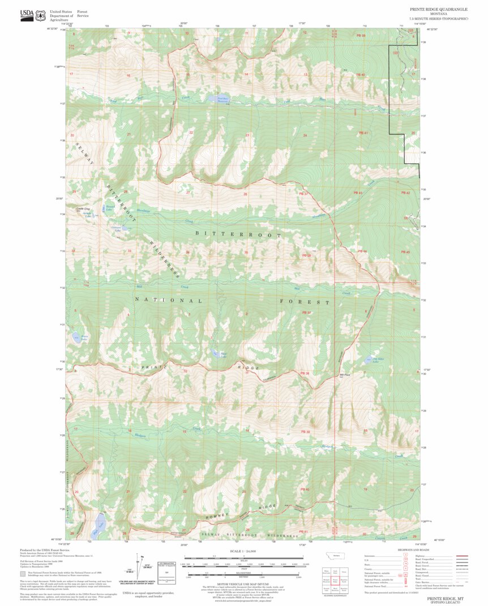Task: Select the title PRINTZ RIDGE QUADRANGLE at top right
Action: pyautogui.click(x=439, y=10)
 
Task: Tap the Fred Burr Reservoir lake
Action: pyautogui.click(x=222, y=99)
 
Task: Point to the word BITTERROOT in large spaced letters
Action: pyautogui.click(x=238, y=234)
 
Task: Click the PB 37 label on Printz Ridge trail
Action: pyautogui.click(x=306, y=313)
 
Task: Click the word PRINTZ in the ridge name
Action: pyautogui.click(x=152, y=368)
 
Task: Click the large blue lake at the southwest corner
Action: pyautogui.click(x=99, y=524)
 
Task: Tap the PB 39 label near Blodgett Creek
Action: pyautogui.click(x=306, y=432)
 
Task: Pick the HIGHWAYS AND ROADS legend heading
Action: pyautogui.click(x=412, y=550)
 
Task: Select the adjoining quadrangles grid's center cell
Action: pyautogui.click(x=335, y=581)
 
